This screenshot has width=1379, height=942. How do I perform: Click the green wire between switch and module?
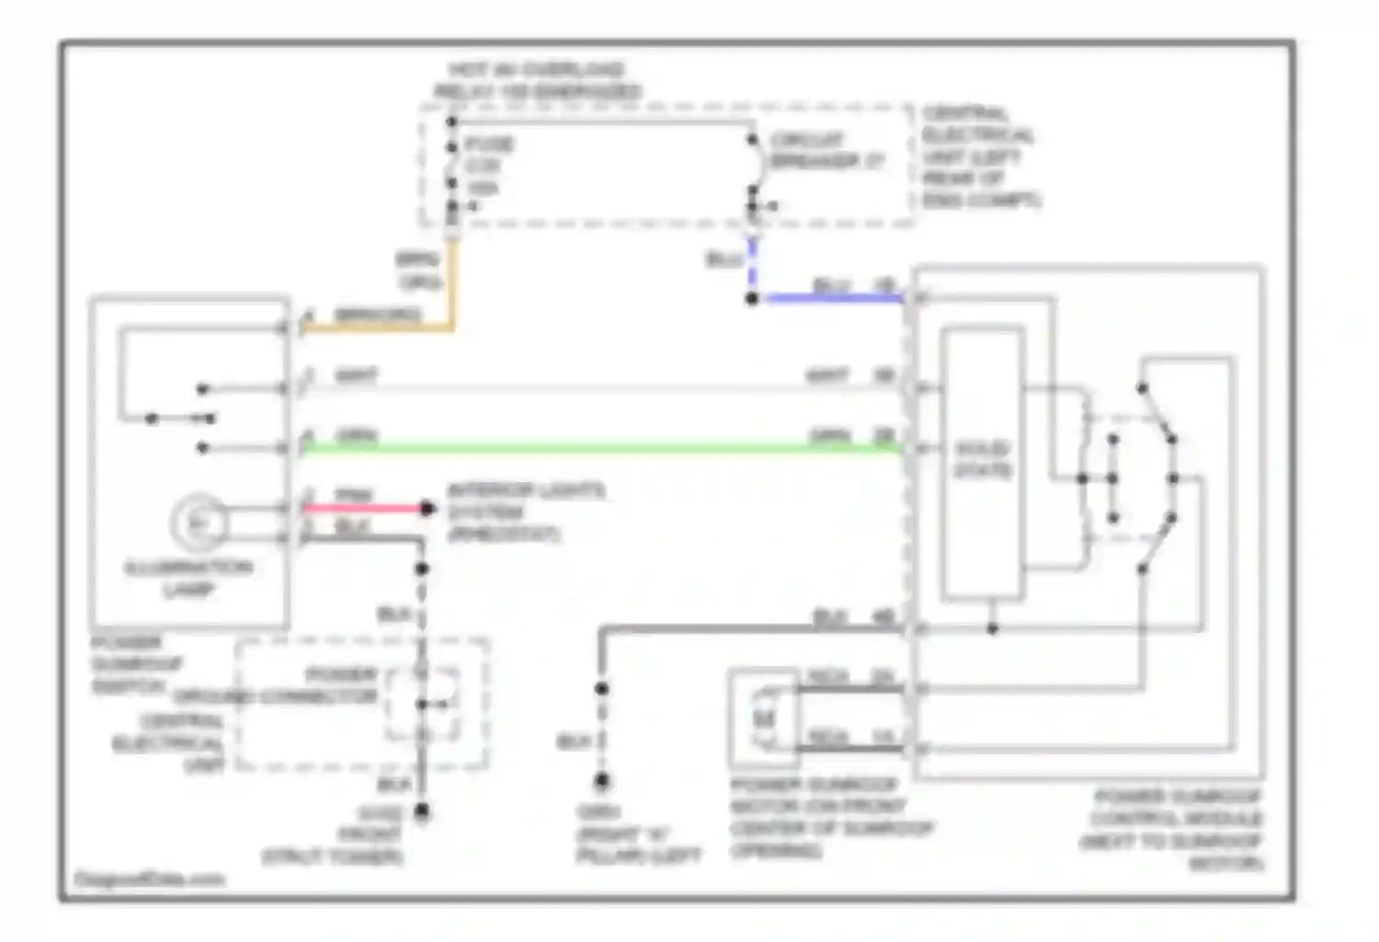click(598, 449)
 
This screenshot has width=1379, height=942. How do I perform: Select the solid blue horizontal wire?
click(827, 299)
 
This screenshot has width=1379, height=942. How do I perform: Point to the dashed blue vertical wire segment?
click(752, 267)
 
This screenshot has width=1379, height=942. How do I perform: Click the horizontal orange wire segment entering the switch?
click(377, 327)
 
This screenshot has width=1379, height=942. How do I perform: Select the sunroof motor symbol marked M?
click(764, 718)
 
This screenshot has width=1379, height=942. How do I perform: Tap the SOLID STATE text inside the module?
click(983, 460)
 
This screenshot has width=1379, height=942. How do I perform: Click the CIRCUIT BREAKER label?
click(826, 151)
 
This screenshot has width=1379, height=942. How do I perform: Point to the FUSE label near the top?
click(489, 144)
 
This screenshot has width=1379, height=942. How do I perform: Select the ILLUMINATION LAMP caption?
click(188, 578)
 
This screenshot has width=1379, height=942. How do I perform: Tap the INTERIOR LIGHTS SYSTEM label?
click(524, 511)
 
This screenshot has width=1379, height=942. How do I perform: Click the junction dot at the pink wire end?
click(427, 508)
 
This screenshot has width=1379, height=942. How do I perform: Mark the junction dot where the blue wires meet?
click(752, 299)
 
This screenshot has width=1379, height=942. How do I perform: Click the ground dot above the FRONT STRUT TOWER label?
click(422, 811)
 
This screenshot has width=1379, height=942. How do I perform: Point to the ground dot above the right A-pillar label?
click(601, 782)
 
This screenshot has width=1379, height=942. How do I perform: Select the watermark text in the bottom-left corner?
click(149, 879)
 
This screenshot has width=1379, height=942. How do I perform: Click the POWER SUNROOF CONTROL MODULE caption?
click(1176, 829)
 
